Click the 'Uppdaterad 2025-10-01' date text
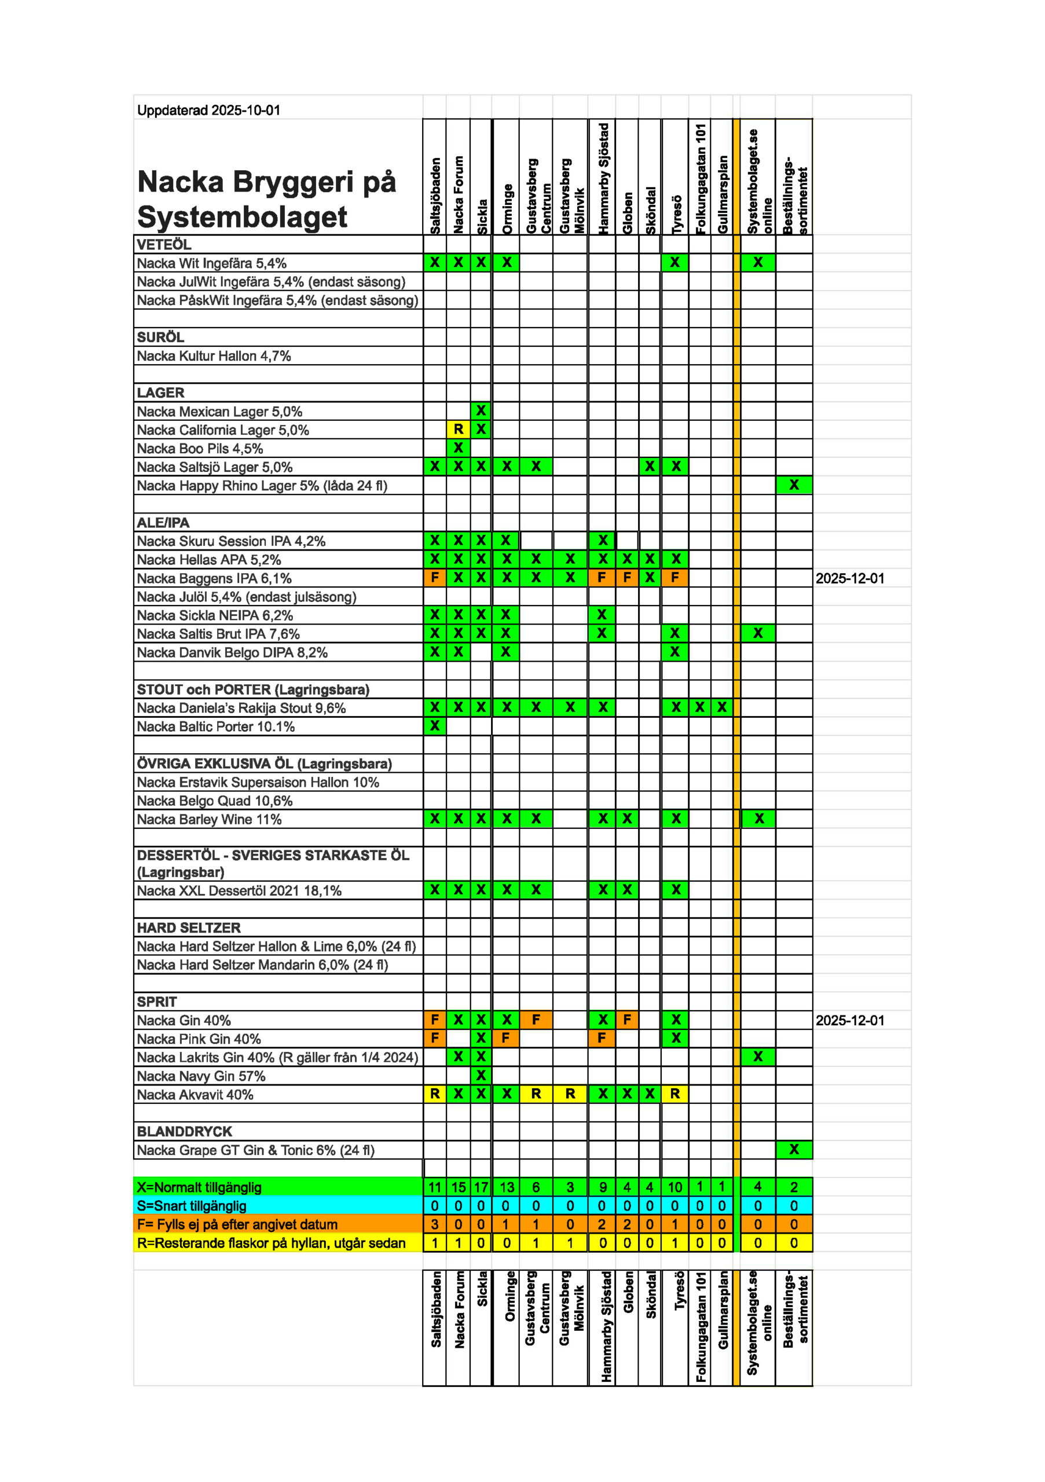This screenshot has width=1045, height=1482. coord(208,111)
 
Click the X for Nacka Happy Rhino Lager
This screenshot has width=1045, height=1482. coord(793,485)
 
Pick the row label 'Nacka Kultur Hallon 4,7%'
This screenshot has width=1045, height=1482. coord(214,356)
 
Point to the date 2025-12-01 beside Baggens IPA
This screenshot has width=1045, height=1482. coord(849,578)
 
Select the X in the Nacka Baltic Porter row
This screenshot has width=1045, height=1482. coord(434,726)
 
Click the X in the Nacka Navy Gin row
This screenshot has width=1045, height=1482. coord(481,1076)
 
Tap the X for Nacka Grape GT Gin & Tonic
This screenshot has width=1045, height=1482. coord(793,1150)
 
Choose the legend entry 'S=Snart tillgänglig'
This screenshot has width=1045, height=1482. coord(192,1206)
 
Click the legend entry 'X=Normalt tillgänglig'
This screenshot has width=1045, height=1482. coord(199,1187)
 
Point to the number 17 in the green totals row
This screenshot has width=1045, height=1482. coord(481,1187)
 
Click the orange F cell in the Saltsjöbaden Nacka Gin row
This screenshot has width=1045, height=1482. coord(434,1020)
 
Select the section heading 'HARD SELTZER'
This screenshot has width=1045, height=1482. coord(189,927)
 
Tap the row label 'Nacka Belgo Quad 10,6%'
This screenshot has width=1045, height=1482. coord(214,801)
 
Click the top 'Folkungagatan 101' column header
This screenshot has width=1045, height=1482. coord(700,178)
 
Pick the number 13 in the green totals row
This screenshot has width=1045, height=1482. coord(507,1187)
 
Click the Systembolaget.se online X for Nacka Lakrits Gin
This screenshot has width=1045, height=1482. coord(758,1057)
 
